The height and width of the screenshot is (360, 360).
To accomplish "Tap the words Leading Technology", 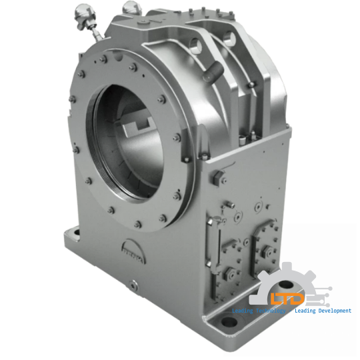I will click(257, 311).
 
